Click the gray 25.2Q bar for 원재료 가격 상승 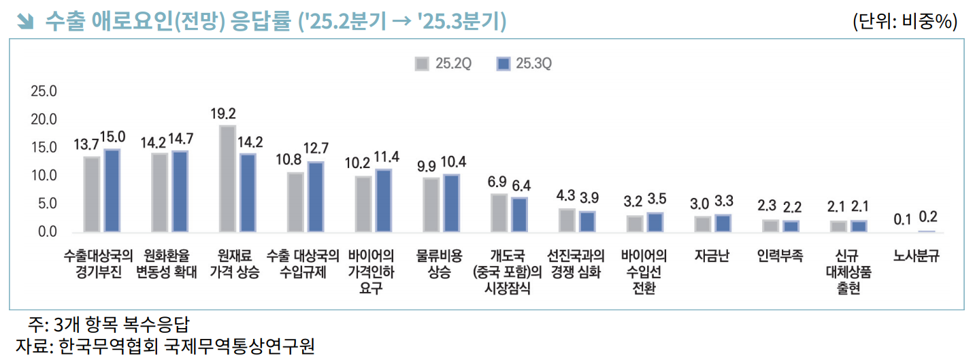point(227,178)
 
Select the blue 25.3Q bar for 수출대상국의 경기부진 point(112,191)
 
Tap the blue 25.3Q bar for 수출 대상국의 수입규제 point(316,197)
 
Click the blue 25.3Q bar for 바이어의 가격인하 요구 point(384,201)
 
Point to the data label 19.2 point(223,114)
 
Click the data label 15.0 point(113,137)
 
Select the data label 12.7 point(316,148)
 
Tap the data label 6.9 point(497,182)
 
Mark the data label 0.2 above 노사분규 point(928,217)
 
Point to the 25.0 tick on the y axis point(44,92)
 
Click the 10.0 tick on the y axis point(44,176)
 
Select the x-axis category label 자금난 point(712,257)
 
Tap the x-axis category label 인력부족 point(780,257)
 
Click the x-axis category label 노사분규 point(917,257)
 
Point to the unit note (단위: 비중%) point(905,22)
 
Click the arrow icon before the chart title point(26,22)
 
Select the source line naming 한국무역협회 point(165,346)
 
